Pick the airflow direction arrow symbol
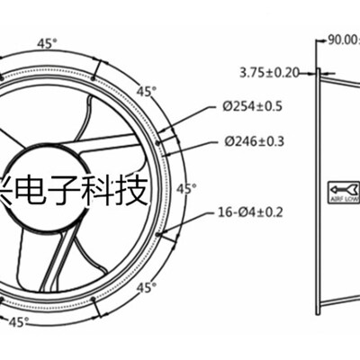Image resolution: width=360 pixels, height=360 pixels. [x=332, y=189]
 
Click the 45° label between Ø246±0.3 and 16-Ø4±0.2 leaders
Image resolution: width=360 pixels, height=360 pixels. [x=185, y=188]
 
